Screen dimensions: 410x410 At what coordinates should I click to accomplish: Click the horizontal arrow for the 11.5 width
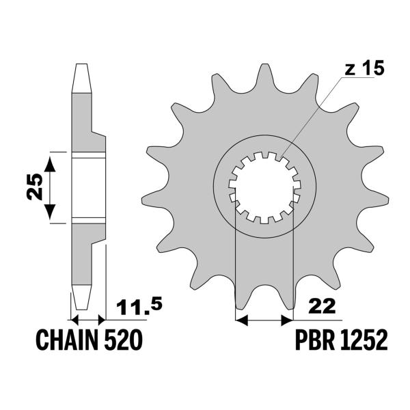tap(88, 319)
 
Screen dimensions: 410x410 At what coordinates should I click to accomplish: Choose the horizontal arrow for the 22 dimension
tap(264, 319)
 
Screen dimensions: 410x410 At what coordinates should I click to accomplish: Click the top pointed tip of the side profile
tap(81, 67)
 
